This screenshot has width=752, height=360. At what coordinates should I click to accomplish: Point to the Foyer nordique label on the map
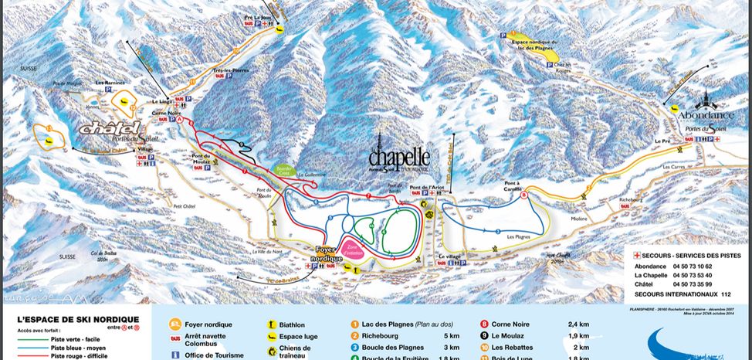click(328, 255)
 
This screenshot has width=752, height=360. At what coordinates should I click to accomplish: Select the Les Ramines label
click(109, 82)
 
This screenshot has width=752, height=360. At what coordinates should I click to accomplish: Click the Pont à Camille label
click(493, 187)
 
